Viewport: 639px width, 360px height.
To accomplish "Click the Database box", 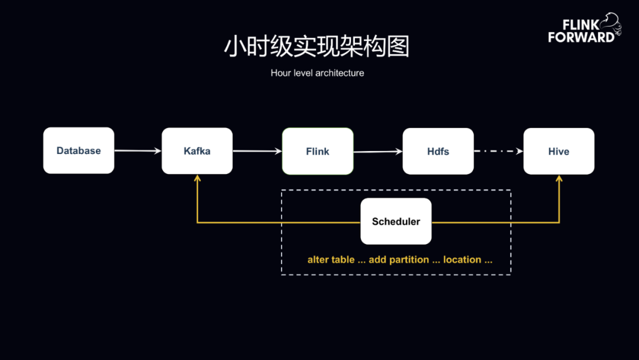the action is click(79, 150).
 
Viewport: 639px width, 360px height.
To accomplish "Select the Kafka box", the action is click(197, 151).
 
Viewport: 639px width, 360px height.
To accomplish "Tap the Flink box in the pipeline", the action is click(318, 151).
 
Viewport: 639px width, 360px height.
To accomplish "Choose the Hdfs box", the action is click(438, 151).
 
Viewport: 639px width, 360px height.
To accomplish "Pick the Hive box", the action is click(559, 151).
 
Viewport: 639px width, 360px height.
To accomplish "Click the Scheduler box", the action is click(396, 221).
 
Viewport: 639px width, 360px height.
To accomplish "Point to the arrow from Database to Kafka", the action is click(138, 151).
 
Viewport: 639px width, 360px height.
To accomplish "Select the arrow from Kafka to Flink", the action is click(257, 151).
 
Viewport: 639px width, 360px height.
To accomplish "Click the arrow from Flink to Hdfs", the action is click(377, 152).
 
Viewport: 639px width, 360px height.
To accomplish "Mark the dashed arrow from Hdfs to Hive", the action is click(498, 151).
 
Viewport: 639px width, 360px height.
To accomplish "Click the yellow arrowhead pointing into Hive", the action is click(559, 178).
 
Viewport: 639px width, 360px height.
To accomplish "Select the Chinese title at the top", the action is click(317, 46).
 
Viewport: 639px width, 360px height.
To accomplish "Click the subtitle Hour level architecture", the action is click(318, 73).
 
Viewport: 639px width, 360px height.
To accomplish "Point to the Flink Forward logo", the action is click(585, 28).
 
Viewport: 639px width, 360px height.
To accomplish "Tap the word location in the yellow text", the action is click(462, 260).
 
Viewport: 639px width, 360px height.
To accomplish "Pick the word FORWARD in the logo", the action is click(581, 37).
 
